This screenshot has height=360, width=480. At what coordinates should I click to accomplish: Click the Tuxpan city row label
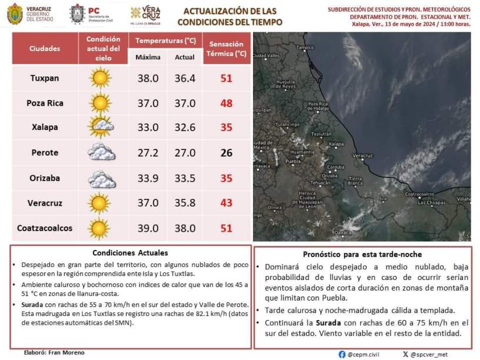45,78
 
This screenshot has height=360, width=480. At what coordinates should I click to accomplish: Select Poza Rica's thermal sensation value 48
226,103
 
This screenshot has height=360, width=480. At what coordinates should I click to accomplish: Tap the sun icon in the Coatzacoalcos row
100,228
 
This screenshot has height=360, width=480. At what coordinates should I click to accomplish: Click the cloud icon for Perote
101,152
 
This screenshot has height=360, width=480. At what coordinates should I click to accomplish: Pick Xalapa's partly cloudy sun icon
101,126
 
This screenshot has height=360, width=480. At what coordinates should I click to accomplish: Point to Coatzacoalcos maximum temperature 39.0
147,228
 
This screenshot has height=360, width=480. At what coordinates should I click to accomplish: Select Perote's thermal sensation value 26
226,153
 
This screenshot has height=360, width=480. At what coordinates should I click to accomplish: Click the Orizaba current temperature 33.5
185,178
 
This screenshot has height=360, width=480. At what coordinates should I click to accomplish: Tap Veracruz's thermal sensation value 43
226,203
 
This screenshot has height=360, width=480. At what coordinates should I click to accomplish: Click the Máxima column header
147,57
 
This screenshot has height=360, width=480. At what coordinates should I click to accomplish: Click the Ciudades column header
45,48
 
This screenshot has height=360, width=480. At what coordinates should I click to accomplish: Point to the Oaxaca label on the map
342,233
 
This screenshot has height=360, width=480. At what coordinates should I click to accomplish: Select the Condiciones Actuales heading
130,253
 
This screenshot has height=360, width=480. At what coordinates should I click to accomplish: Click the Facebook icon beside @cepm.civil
342,354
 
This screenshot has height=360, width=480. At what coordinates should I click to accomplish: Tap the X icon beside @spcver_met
405,354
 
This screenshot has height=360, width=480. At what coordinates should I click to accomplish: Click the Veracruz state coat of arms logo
15,14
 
